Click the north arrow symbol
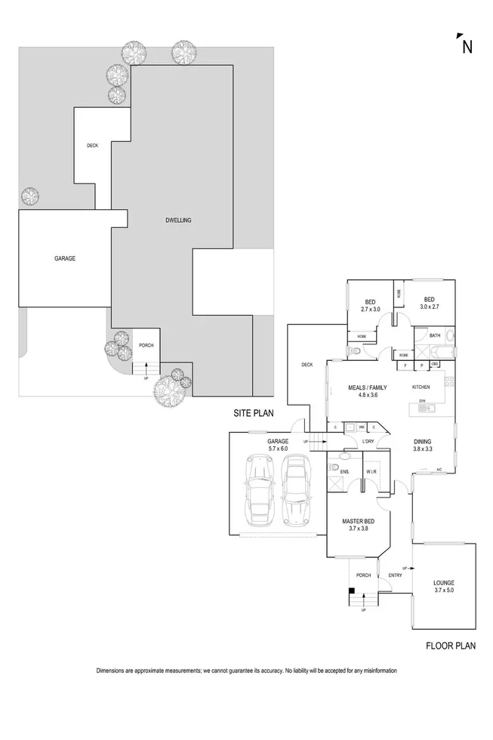point(466,45)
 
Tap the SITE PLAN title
point(252,413)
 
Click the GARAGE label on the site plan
point(65,258)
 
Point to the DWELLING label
point(178,220)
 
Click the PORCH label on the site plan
point(146,346)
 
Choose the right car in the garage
point(296,492)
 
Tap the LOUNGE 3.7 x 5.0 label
point(443,587)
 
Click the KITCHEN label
point(421,387)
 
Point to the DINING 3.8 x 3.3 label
point(423,445)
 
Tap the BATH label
point(435,335)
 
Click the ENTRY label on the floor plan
point(395,576)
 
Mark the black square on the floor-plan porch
point(352,591)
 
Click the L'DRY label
point(368,441)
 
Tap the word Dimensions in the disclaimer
point(112,671)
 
